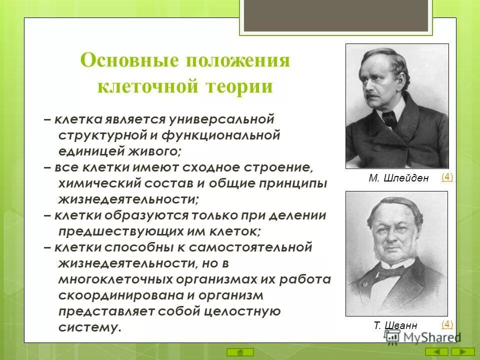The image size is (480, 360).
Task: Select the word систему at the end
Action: tap(89, 327)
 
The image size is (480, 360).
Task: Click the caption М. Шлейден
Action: tap(398, 178)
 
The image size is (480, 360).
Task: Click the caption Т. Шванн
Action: tap(395, 325)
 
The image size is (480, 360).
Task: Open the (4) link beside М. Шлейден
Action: tap(447, 177)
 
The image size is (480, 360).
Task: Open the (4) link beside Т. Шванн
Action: tap(447, 324)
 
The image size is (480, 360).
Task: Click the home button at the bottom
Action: tap(240, 351)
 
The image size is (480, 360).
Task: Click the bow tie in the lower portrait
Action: tap(390, 272)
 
